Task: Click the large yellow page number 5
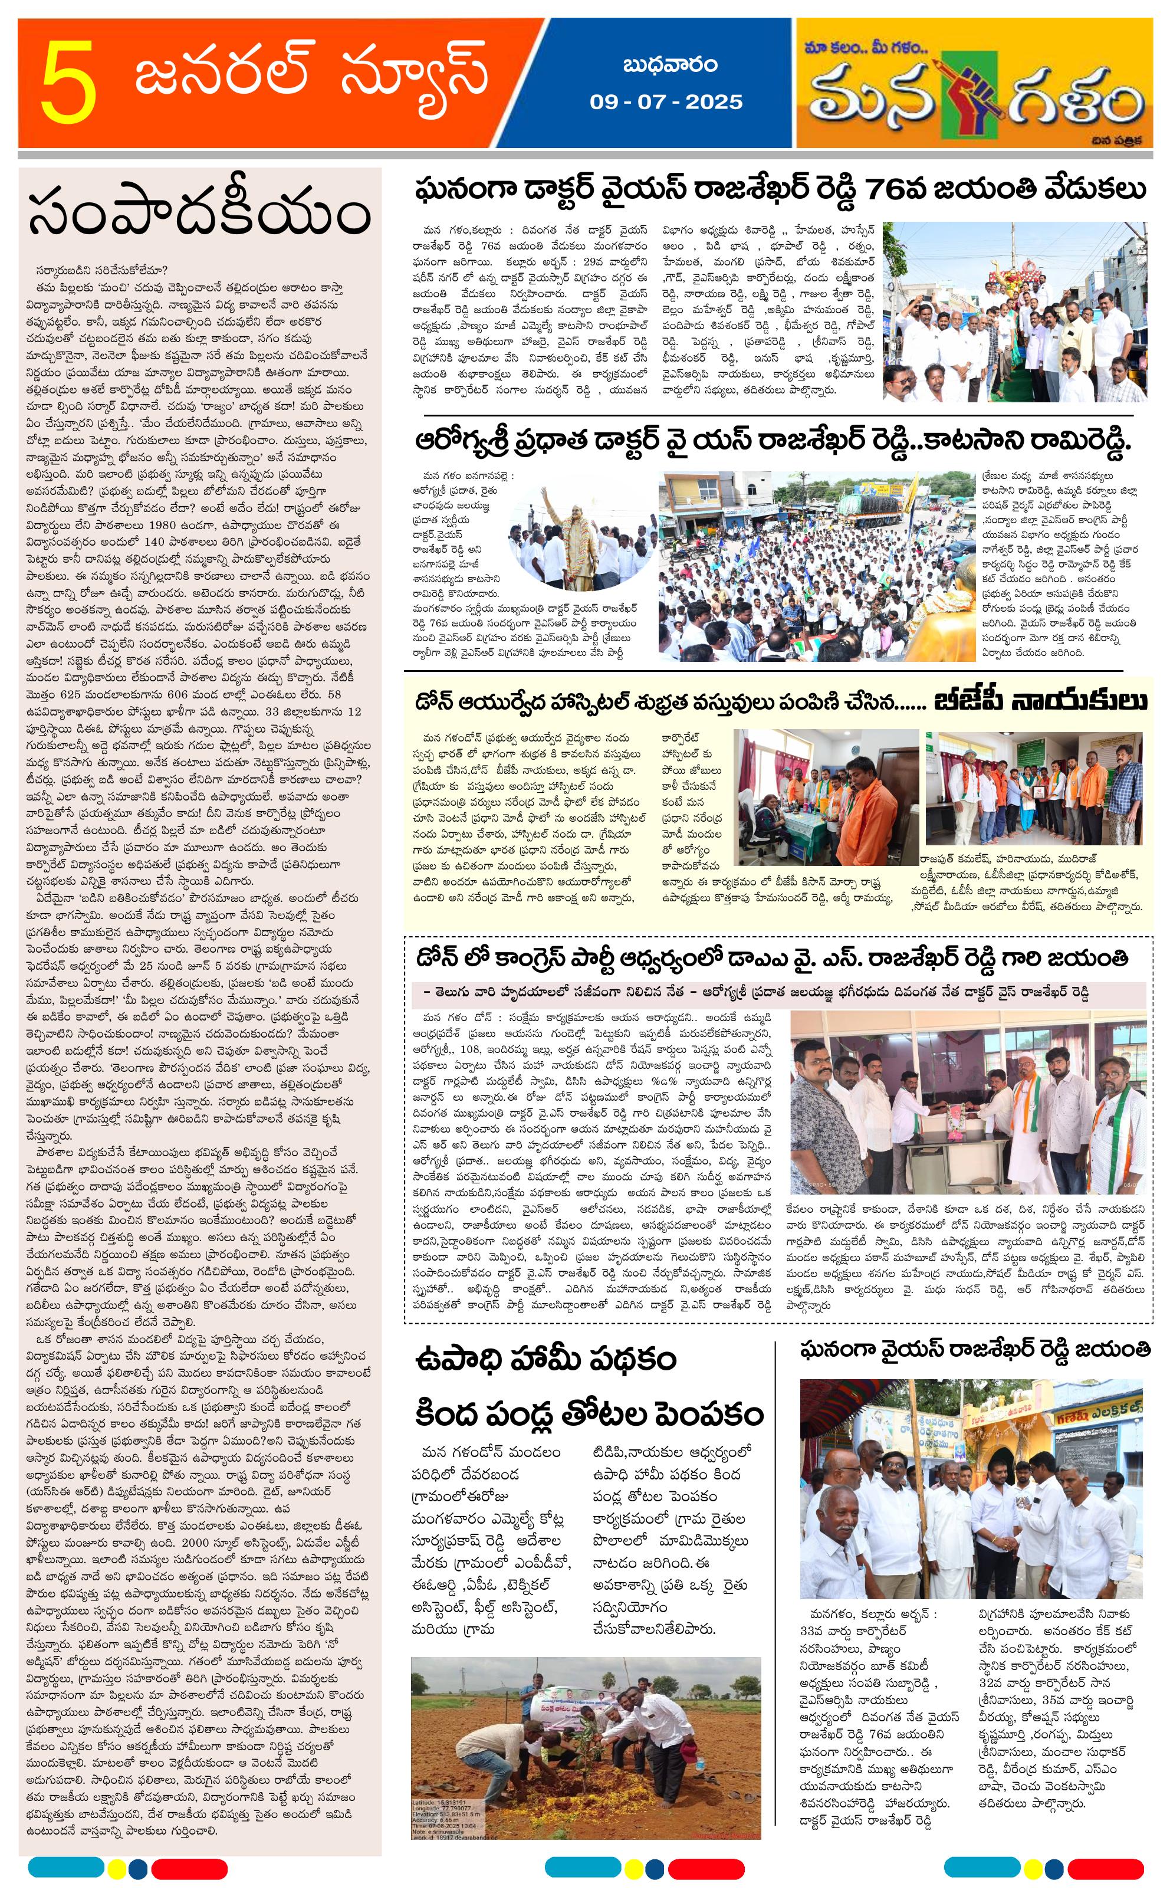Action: pos(69,84)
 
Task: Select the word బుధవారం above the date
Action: pos(669,65)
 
